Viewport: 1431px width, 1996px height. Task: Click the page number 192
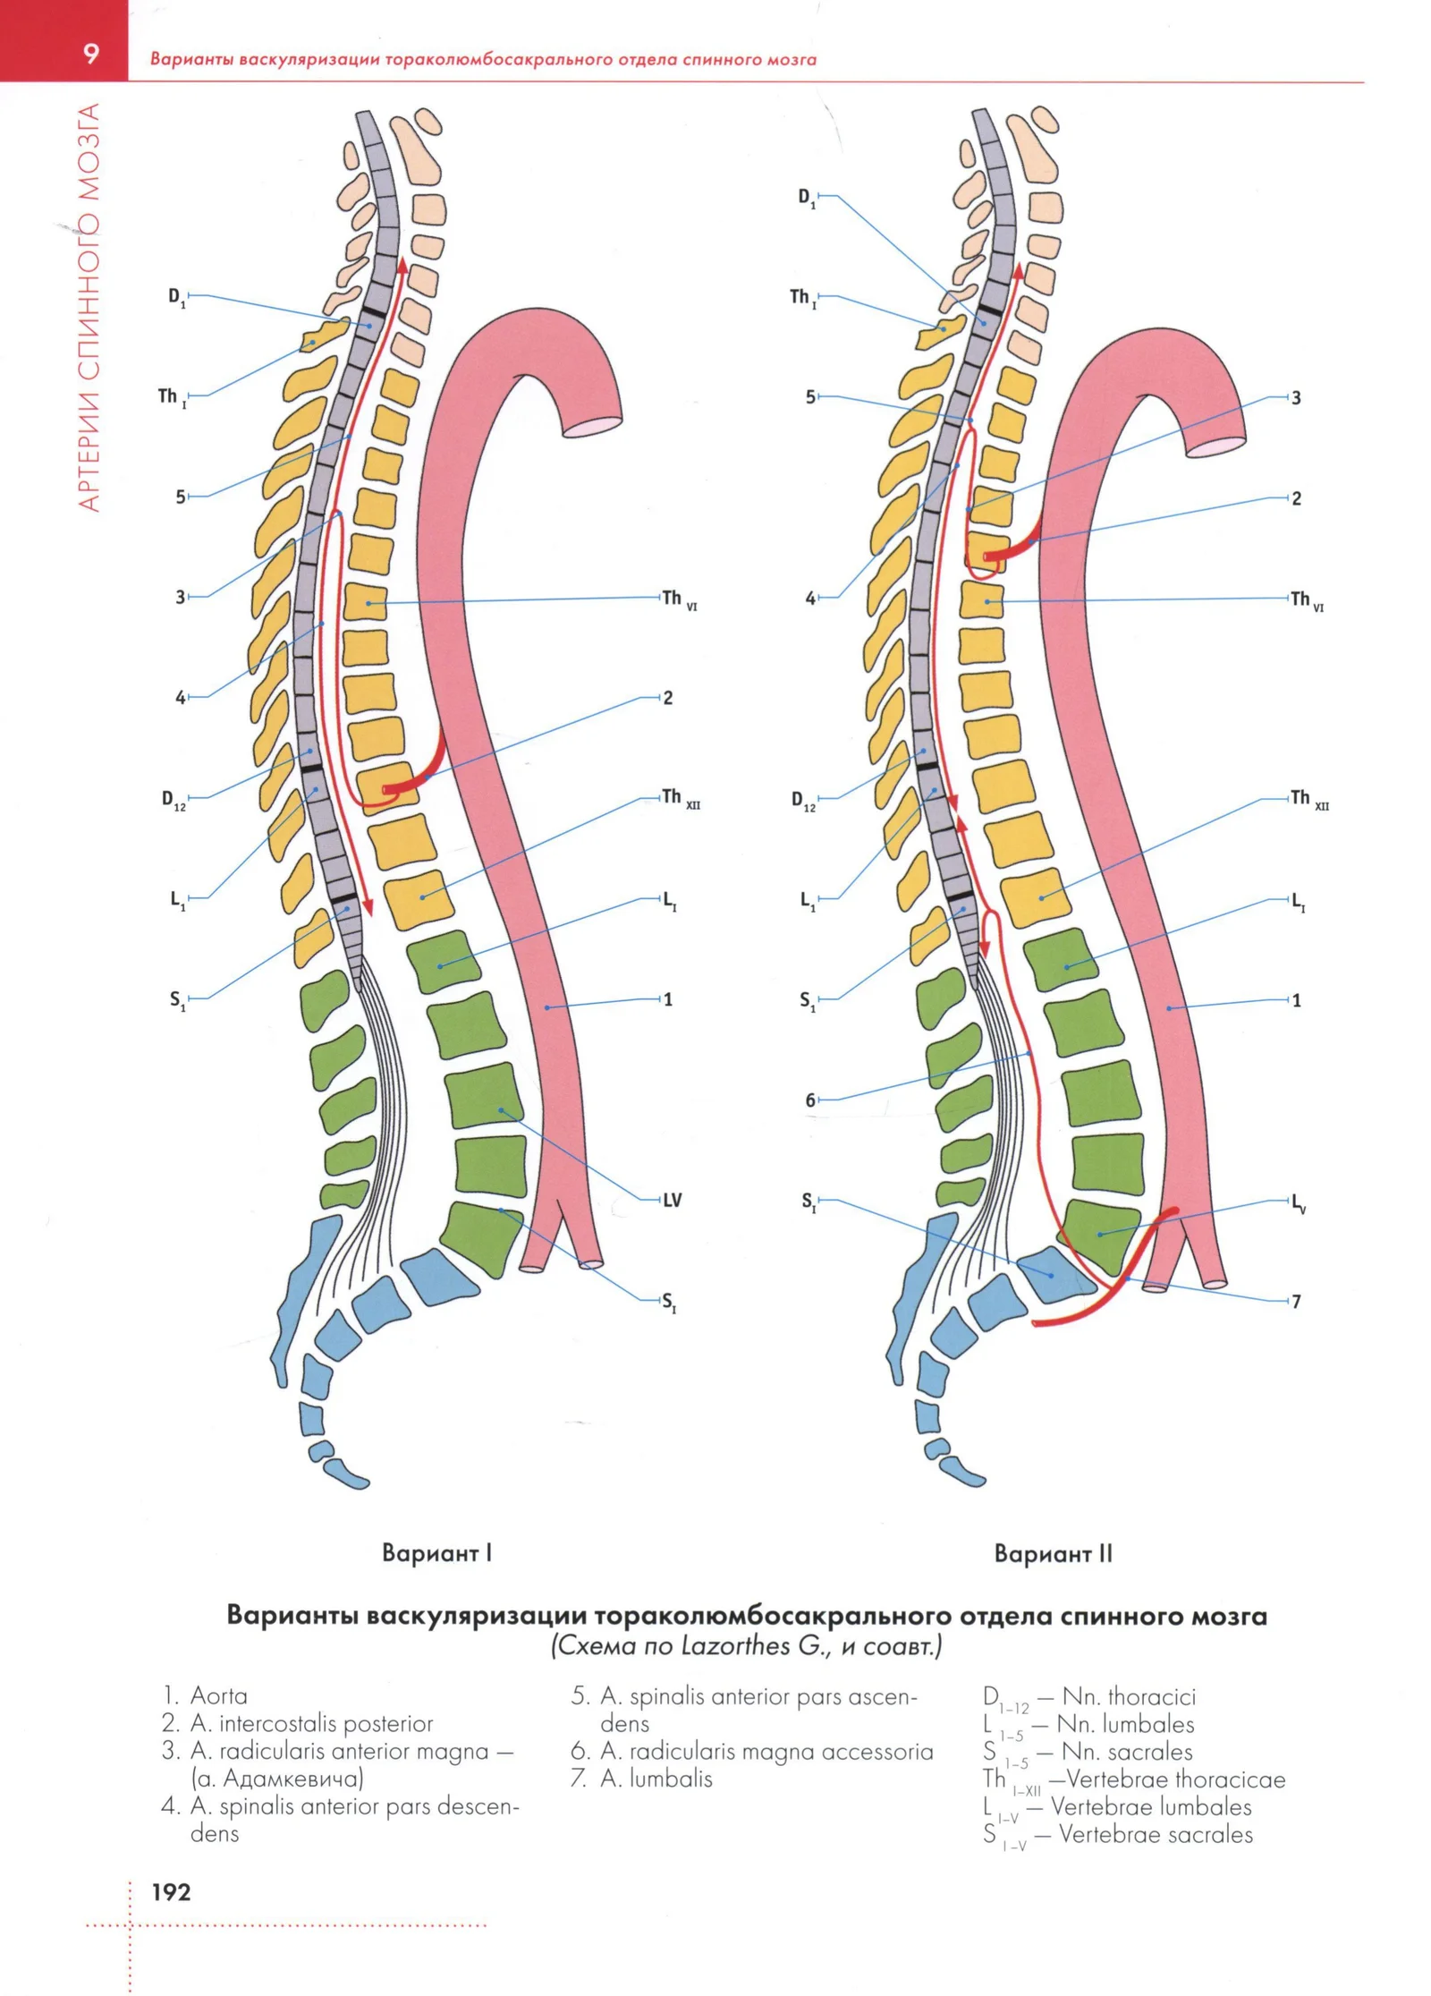pos(171,1891)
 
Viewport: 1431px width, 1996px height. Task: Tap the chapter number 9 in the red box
pos(91,55)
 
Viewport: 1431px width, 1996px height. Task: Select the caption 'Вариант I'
pos(436,1552)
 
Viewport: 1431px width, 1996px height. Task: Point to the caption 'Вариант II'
pos(1054,1553)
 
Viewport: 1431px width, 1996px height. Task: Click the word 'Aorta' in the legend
pos(219,1695)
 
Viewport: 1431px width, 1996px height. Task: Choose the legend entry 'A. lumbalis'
pos(656,1778)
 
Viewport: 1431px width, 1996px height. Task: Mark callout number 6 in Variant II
pos(810,1100)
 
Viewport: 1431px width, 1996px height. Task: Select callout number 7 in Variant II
pos(1297,1301)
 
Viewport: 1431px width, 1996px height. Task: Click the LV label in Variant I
pos(673,1200)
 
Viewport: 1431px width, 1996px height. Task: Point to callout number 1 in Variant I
pos(668,998)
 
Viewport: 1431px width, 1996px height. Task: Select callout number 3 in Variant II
pos(1296,397)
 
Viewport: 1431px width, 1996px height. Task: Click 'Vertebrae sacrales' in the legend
pos(1156,1833)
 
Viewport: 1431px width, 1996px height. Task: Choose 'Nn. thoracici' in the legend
pos(1129,1695)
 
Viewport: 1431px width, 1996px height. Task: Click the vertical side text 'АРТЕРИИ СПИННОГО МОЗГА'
pos(89,307)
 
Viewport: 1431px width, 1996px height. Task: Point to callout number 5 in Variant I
pos(181,496)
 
